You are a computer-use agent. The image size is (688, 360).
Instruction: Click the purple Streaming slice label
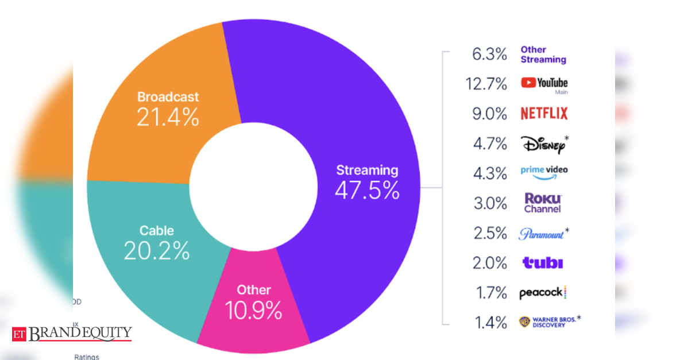(x=366, y=170)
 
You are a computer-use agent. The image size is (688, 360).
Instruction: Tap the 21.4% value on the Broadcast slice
(x=168, y=117)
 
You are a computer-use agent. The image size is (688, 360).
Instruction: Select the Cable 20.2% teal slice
(x=156, y=242)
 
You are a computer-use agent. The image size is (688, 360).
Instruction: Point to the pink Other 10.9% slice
(x=253, y=303)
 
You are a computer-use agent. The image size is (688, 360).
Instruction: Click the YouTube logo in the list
(x=544, y=84)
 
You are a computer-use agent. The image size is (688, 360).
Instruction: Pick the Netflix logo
(x=543, y=114)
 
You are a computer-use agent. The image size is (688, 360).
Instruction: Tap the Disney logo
(x=543, y=144)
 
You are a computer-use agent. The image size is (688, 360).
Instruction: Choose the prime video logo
(x=544, y=172)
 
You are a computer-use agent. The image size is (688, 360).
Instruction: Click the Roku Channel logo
(x=543, y=203)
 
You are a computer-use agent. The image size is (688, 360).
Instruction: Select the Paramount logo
(x=542, y=234)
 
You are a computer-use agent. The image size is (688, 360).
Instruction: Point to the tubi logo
(x=542, y=263)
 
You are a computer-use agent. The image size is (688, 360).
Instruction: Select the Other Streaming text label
(x=543, y=55)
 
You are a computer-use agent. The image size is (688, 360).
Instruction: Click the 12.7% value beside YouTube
(x=486, y=84)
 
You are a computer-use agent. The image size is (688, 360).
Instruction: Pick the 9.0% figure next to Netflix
(x=490, y=114)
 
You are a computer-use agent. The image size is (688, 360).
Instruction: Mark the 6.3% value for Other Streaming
(x=490, y=55)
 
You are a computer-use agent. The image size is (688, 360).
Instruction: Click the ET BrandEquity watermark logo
(x=72, y=333)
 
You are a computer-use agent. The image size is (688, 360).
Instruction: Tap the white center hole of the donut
(x=253, y=187)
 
